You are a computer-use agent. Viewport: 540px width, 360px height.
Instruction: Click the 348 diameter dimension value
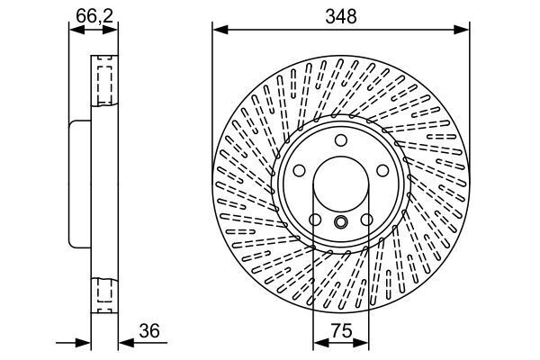341,16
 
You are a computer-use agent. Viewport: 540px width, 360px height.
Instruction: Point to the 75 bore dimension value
341,331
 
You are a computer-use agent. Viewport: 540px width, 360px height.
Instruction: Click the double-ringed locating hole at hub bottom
341,222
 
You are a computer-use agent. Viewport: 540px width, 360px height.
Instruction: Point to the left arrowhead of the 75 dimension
318,344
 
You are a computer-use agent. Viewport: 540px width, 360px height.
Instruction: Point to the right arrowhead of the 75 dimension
364,344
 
